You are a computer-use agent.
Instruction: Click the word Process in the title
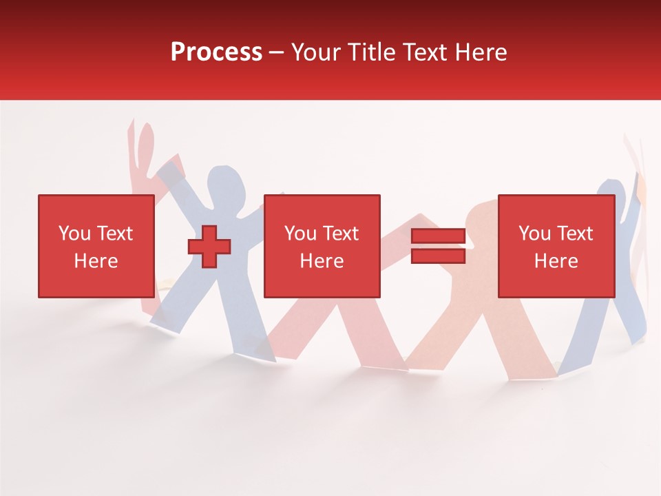coord(216,52)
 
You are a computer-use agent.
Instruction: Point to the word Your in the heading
coord(317,52)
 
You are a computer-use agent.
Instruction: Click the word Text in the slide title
coord(423,52)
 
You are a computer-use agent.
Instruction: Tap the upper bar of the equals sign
coord(438,236)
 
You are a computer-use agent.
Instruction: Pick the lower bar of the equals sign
coord(438,256)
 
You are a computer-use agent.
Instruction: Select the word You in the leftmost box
coord(74,234)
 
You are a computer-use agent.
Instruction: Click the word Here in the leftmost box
coord(96,261)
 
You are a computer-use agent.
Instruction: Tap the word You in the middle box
coord(300,234)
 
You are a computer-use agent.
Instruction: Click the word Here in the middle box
coord(322,261)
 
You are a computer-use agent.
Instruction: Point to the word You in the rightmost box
coord(534,234)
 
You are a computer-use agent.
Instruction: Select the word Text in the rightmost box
coord(574,234)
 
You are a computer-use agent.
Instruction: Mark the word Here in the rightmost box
coord(556,261)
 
